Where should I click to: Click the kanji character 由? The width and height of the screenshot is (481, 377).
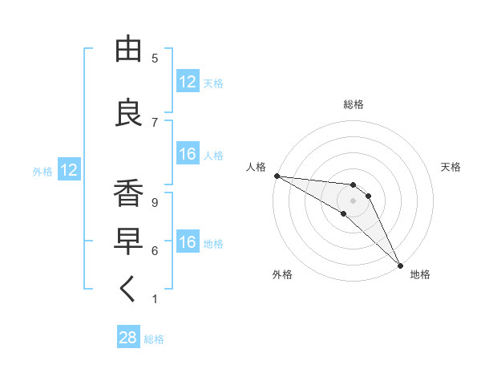[129, 50]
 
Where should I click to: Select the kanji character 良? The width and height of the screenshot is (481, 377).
[129, 113]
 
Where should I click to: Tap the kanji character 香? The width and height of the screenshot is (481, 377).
[129, 193]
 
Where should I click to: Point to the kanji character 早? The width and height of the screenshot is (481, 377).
[129, 241]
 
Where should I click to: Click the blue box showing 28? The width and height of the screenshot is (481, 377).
[128, 338]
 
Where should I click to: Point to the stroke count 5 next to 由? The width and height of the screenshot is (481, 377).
[155, 59]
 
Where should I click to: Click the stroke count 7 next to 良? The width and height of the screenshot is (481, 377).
[155, 122]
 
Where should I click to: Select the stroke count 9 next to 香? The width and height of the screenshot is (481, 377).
[155, 202]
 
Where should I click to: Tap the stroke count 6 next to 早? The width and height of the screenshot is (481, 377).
[155, 251]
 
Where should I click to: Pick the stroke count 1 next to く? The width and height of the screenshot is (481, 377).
[155, 299]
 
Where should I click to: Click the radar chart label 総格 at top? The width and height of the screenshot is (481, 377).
[353, 104]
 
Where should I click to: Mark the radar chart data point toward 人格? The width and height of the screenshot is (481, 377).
[277, 176]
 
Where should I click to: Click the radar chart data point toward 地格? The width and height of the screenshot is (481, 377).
[400, 266]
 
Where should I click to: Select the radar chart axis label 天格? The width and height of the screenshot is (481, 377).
[451, 167]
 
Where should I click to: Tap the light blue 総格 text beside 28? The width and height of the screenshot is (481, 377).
[154, 339]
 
